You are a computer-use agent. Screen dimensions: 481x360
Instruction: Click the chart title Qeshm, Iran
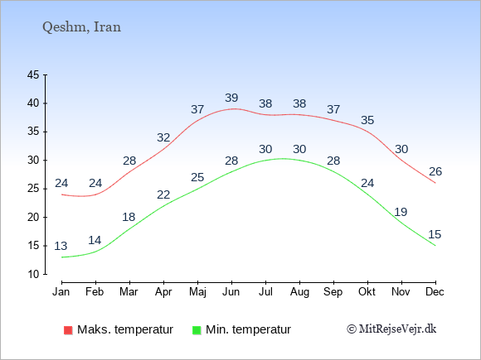81,27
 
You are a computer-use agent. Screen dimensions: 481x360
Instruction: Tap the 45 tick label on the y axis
33,74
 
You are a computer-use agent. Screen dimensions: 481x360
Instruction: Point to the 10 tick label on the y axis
33,274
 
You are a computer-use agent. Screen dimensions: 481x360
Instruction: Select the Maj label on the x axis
197,292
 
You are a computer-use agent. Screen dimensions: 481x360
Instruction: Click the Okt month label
367,292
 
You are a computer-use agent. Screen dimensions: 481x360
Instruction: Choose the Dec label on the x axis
435,292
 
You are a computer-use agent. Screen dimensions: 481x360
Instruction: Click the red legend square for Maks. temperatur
68,330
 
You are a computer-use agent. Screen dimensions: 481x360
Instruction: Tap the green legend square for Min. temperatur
197,330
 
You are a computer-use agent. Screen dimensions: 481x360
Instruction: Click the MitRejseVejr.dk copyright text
391,329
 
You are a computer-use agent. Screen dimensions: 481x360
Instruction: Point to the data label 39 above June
231,98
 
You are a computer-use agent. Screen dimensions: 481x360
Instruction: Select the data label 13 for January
61,246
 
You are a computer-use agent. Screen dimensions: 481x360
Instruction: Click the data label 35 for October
367,120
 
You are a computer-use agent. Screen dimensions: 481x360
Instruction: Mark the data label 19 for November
401,212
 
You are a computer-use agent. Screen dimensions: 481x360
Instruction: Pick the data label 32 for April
163,137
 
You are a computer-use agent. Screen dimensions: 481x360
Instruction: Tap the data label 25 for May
197,177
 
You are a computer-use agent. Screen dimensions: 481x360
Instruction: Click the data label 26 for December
435,172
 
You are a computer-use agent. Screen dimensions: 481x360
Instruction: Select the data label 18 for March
129,217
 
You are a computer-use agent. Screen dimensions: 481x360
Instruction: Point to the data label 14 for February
95,240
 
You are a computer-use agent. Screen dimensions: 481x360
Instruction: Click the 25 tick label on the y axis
33,189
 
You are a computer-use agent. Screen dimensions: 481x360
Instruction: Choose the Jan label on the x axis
61,292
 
